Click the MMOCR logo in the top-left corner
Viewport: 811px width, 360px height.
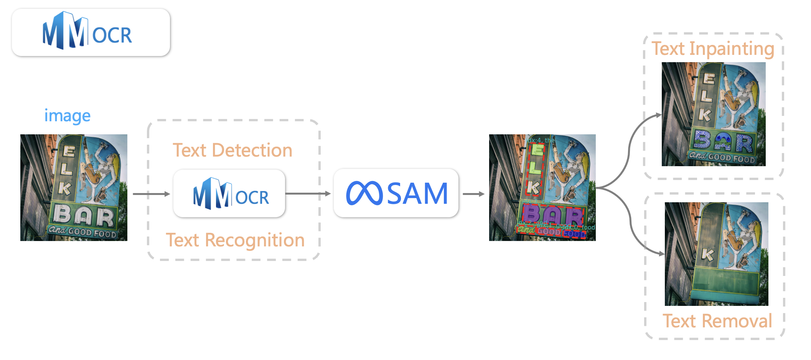click(87, 32)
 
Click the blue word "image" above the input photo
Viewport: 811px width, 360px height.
click(68, 116)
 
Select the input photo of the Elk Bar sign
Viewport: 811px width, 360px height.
click(74, 187)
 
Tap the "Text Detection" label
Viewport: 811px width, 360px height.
click(232, 150)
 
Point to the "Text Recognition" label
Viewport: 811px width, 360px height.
click(235, 240)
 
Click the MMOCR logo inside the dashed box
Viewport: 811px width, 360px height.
click(230, 194)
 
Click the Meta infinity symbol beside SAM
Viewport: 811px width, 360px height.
click(364, 193)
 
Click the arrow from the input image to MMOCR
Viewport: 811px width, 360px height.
click(151, 194)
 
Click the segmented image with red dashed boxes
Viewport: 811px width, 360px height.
click(542, 187)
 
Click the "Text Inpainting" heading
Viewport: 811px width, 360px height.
click(713, 49)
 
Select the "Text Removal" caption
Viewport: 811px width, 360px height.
click(717, 321)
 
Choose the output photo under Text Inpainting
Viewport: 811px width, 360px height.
click(714, 114)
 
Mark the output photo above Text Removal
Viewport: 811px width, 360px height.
click(716, 254)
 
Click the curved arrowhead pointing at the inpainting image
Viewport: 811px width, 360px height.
click(658, 114)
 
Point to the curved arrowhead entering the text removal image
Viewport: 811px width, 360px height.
click(661, 254)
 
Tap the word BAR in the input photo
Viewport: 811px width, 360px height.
click(84, 216)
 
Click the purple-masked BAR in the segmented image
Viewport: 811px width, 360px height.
click(552, 216)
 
